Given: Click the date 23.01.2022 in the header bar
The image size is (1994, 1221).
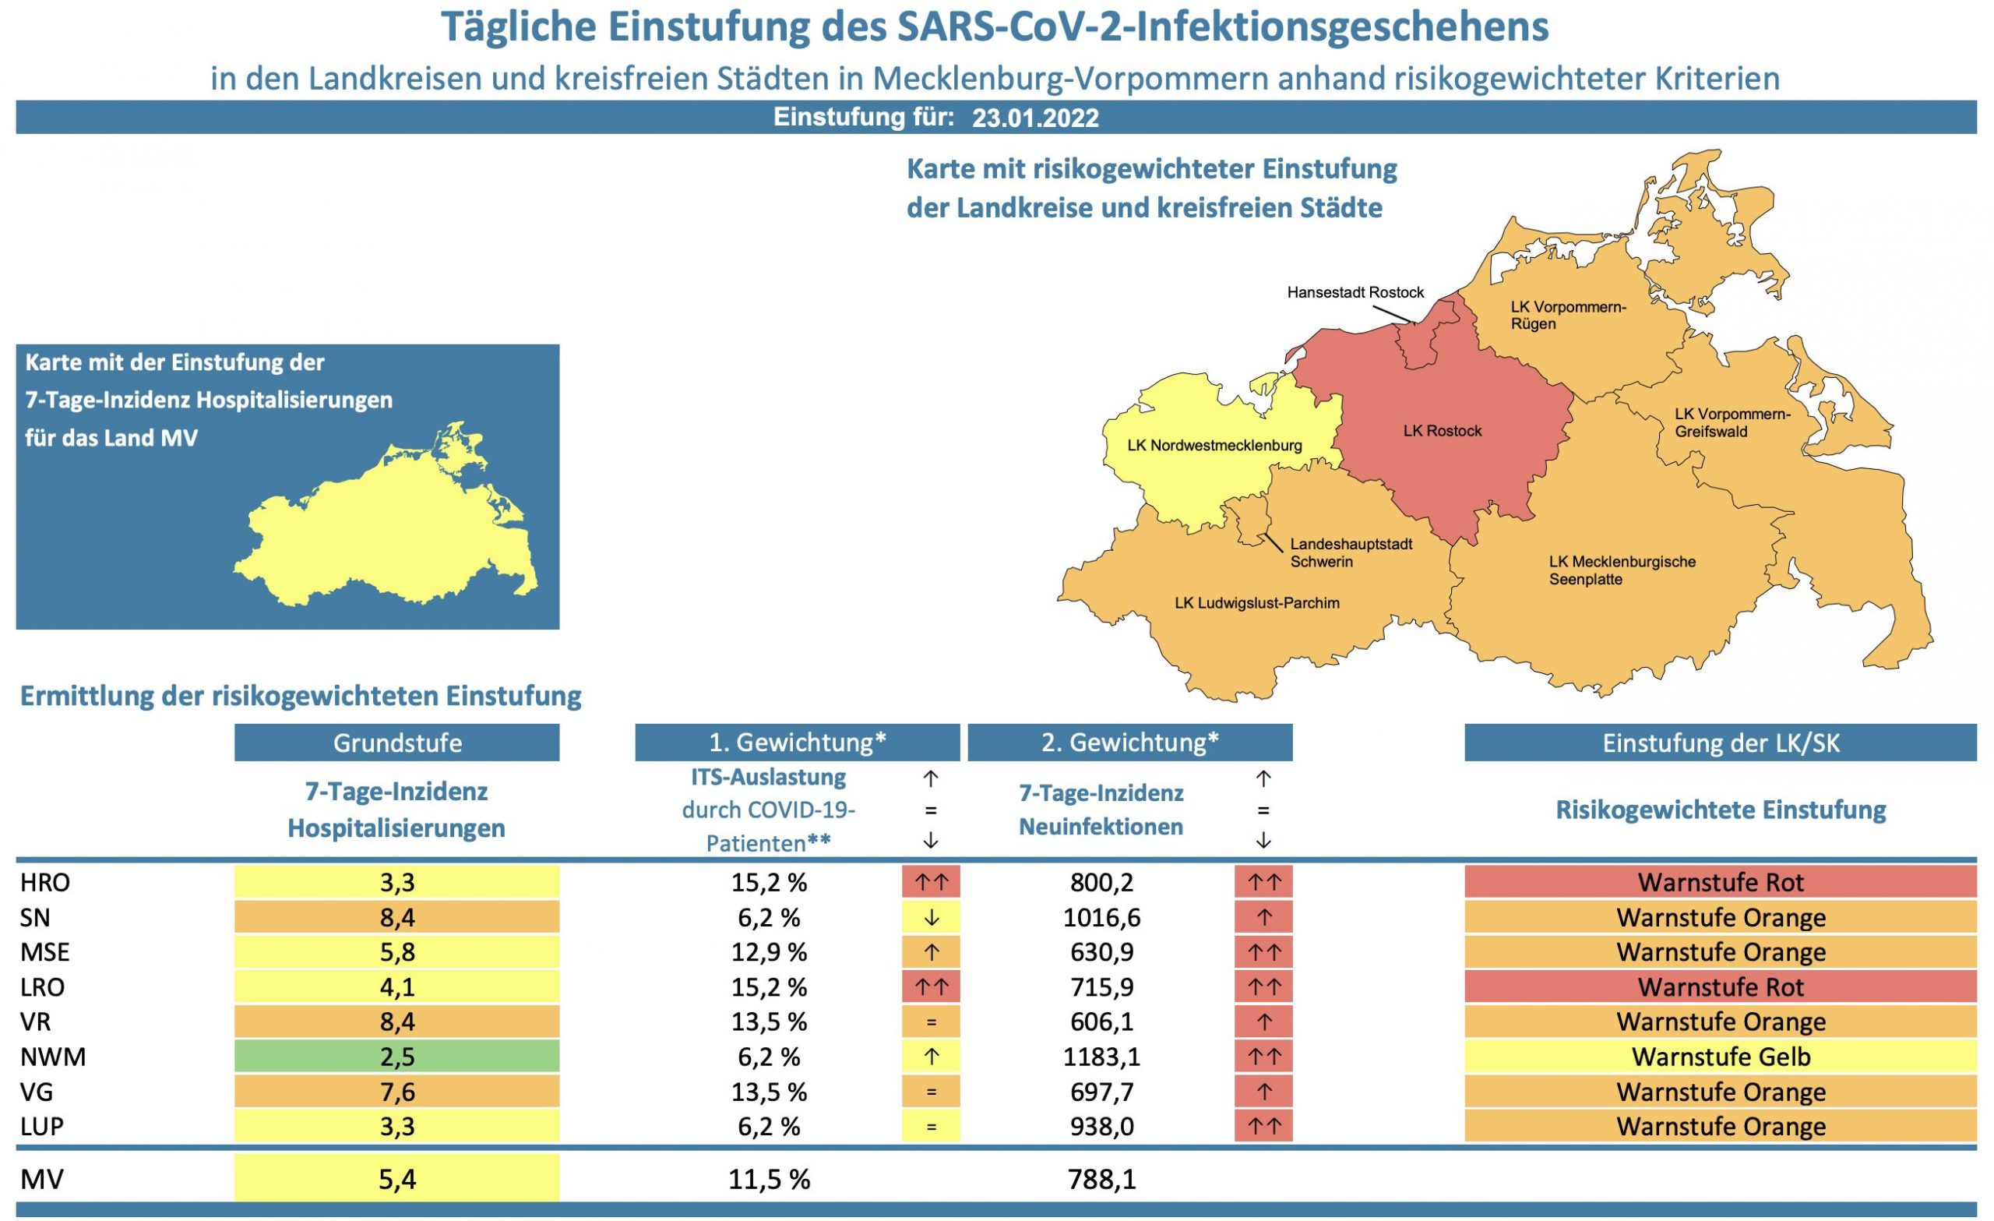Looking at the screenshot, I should [1035, 118].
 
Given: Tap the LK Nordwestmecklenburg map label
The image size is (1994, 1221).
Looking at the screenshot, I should [1214, 446].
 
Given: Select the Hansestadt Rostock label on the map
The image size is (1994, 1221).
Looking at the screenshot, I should [1355, 292].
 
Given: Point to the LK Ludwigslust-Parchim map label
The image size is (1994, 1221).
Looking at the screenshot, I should [1257, 603].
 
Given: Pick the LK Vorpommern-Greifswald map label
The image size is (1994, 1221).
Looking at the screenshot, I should [1732, 422].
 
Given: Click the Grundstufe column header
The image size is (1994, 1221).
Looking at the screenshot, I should [396, 743].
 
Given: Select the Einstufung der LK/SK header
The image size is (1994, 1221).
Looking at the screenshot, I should [1721, 743].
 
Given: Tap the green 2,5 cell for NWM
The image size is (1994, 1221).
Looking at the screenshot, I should [396, 1057].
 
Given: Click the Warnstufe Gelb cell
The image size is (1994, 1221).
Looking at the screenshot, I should [1721, 1057].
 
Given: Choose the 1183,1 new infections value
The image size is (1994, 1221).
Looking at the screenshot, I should [1101, 1057].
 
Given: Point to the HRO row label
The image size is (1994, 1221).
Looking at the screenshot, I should [45, 882].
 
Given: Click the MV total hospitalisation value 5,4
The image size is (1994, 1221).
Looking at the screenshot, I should [396, 1180].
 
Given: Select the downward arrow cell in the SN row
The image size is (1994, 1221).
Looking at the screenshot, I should [931, 917].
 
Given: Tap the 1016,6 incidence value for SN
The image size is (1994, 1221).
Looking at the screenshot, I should [1101, 917].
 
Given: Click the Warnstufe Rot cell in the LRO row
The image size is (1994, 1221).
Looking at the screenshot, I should [1721, 987].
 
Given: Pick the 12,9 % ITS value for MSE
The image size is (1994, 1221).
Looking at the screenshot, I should [769, 952].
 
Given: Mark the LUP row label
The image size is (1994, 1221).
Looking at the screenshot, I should [42, 1126].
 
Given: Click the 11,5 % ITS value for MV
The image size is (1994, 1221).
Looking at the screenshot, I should [769, 1180].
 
